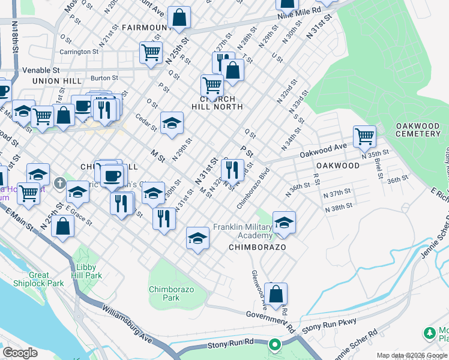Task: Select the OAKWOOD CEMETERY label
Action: tap(418, 130)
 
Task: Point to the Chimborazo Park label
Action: tap(164, 293)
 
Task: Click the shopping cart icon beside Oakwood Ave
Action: tap(364, 137)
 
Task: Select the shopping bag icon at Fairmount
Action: tap(179, 17)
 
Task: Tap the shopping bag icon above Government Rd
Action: tap(276, 294)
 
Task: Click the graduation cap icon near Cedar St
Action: tap(172, 123)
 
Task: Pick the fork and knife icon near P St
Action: tap(232, 170)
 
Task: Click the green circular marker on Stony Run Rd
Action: tap(274, 344)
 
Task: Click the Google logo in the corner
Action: tap(20, 352)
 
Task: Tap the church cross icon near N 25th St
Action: tap(59, 182)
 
